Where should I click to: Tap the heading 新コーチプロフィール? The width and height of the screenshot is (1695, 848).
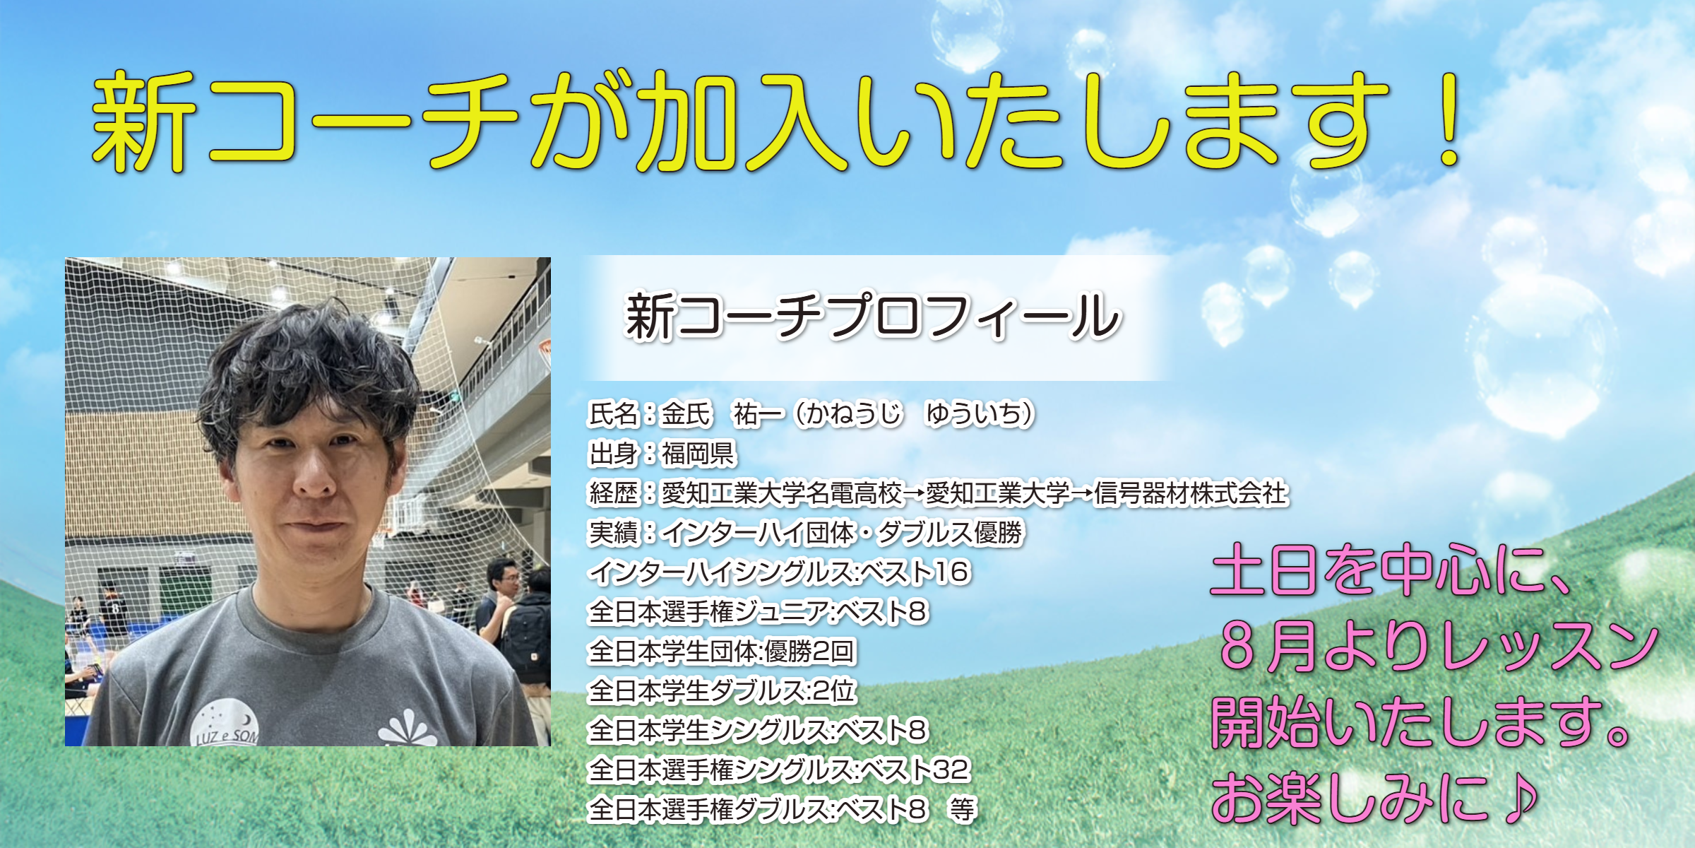[x=873, y=317]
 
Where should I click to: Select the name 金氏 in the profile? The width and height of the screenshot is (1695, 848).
[x=686, y=414]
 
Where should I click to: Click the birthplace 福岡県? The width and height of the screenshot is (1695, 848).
[x=698, y=454]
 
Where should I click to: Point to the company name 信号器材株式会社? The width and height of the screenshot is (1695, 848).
[x=1191, y=493]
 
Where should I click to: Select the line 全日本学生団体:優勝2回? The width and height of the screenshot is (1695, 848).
[x=722, y=651]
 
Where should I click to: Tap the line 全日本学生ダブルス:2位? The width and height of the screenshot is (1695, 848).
[x=722, y=690]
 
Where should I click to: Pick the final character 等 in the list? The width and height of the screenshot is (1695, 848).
[x=962, y=809]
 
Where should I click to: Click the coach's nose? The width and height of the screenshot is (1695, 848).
[x=314, y=475]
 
